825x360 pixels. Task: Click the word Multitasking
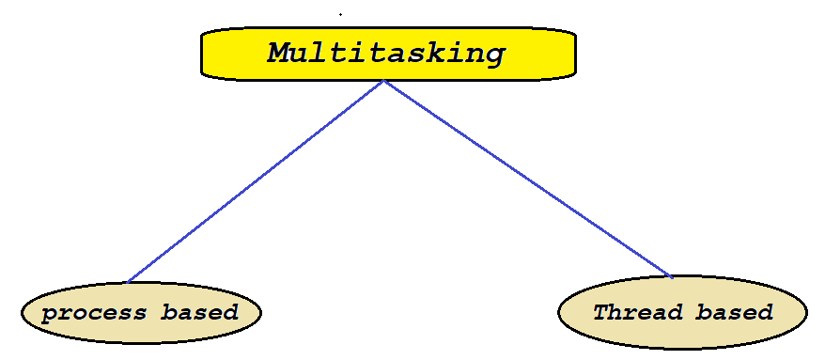386,53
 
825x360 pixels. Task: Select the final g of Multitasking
493,55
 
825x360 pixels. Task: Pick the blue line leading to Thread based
526,179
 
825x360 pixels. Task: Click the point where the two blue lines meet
384,81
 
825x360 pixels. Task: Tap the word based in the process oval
199,312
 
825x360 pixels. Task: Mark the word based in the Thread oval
735,312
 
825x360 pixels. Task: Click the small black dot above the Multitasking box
340,14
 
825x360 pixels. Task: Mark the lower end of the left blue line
128,281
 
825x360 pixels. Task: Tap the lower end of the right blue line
671,277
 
